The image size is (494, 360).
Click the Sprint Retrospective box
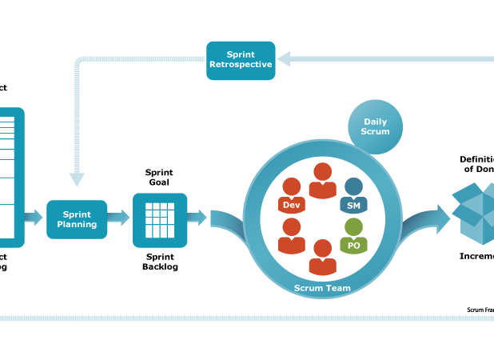pos(241,60)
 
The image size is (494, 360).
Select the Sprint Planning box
pos(77,219)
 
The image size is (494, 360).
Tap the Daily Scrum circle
pos(376,126)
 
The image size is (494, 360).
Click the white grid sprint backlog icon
pos(160,220)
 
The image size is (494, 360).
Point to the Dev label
pos(291,206)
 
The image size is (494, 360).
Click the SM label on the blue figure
pos(353,206)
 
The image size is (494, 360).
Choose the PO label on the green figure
pos(353,246)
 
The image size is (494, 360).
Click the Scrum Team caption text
pos(322,287)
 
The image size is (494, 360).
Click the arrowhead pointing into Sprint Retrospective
pos(284,58)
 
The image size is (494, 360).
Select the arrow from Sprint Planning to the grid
pos(118,218)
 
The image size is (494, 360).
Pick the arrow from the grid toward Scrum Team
pos(197,217)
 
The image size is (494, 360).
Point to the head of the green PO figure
pos(353,227)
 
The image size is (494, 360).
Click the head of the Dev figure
pos(291,186)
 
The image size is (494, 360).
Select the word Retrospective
pos(241,65)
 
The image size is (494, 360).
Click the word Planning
pos(77,225)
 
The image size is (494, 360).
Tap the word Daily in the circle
pos(376,122)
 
